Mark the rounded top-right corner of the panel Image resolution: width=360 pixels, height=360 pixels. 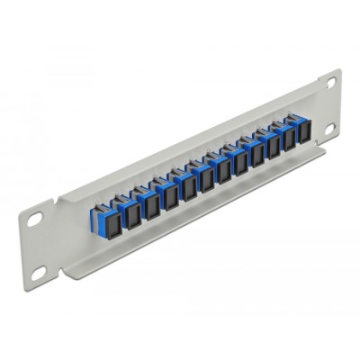(338, 72)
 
